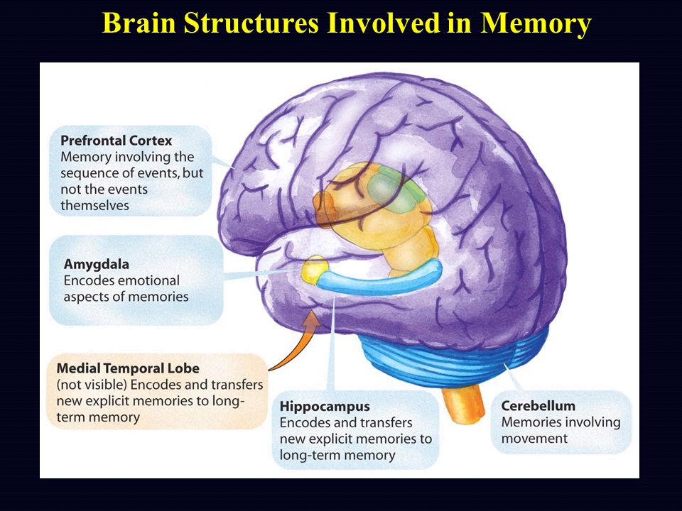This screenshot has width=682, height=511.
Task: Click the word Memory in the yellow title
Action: point(536,23)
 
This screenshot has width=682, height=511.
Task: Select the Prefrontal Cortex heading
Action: point(116,141)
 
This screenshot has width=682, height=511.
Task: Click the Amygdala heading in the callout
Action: point(96,264)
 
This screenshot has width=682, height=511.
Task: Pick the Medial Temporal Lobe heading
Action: point(128,368)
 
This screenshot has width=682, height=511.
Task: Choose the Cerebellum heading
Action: point(538,406)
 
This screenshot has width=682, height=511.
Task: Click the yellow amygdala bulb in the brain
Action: point(314,270)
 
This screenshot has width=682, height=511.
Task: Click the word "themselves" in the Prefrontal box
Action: point(94,205)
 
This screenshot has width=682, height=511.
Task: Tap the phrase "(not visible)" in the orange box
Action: point(92,385)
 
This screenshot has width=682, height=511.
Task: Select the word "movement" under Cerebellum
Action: point(534,439)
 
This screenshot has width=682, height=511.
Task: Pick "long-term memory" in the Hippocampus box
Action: point(337,455)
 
